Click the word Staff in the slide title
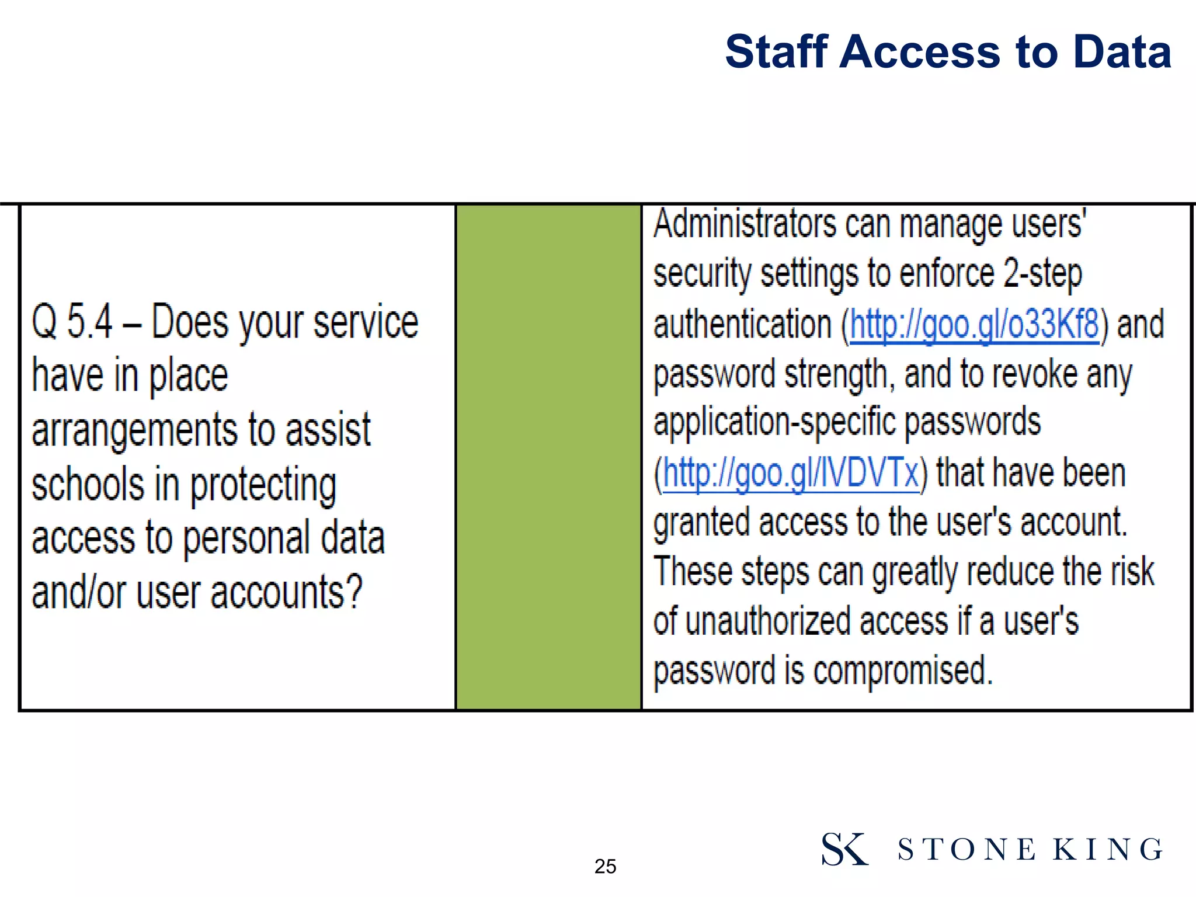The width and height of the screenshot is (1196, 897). click(777, 51)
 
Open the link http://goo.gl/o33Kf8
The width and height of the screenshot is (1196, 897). click(975, 325)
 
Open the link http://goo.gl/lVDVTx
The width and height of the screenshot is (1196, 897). click(791, 473)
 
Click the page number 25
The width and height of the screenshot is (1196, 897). click(605, 866)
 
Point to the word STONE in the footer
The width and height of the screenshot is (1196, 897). click(966, 850)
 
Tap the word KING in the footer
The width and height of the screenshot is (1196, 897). click(1108, 850)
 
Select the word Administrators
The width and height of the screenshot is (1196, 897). click(745, 224)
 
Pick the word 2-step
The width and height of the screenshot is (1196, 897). click(1042, 273)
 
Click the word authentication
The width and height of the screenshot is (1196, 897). click(742, 325)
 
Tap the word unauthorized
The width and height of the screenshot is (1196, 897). click(767, 621)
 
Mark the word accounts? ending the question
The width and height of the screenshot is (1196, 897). click(286, 592)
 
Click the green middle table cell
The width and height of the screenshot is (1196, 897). click(548, 457)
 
